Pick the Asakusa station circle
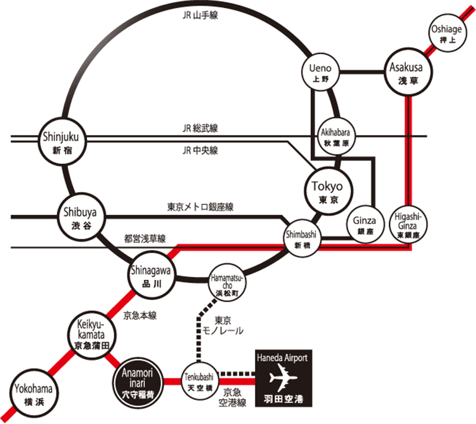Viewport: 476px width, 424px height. (x=409, y=73)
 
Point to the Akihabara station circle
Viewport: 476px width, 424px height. (x=335, y=136)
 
